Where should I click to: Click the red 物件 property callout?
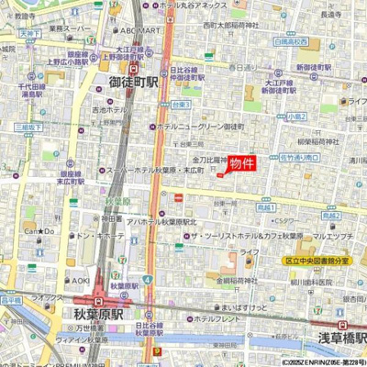[242, 163]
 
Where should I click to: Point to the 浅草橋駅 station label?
[342, 338]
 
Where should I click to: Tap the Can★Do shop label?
[39, 231]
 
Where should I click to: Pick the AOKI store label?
[81, 281]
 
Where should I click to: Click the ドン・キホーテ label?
[103, 235]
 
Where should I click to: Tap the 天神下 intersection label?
[28, 34]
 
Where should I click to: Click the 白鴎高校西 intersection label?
[290, 42]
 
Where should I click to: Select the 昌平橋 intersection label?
[10, 300]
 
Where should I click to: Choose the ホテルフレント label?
[216, 319]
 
